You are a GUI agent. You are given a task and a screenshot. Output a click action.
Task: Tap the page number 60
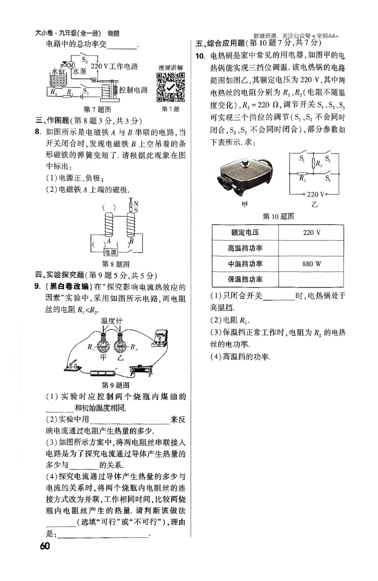point(45,546)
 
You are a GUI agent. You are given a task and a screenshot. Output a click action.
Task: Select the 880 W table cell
point(311,264)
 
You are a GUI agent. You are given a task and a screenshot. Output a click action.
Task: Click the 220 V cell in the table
point(311,233)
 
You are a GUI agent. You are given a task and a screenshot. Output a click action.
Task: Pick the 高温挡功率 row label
point(245,248)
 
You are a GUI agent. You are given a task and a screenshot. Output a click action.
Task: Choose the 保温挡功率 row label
point(245,279)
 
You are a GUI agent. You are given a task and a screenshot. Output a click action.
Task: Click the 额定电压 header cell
point(245,233)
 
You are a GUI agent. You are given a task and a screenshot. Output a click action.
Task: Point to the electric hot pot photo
point(245,176)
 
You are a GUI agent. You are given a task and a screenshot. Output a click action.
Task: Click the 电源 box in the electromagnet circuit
point(112,252)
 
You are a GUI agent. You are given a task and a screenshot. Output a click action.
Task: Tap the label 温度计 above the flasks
point(112,321)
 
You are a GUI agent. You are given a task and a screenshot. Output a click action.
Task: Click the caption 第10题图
point(278,216)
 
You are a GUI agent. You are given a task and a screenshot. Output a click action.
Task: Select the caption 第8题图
point(116,264)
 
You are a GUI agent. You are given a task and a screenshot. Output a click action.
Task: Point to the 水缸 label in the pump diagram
point(57,72)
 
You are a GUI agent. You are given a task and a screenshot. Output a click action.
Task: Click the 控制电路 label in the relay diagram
point(134,90)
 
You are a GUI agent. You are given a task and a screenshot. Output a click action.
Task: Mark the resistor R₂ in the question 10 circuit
point(314,164)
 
